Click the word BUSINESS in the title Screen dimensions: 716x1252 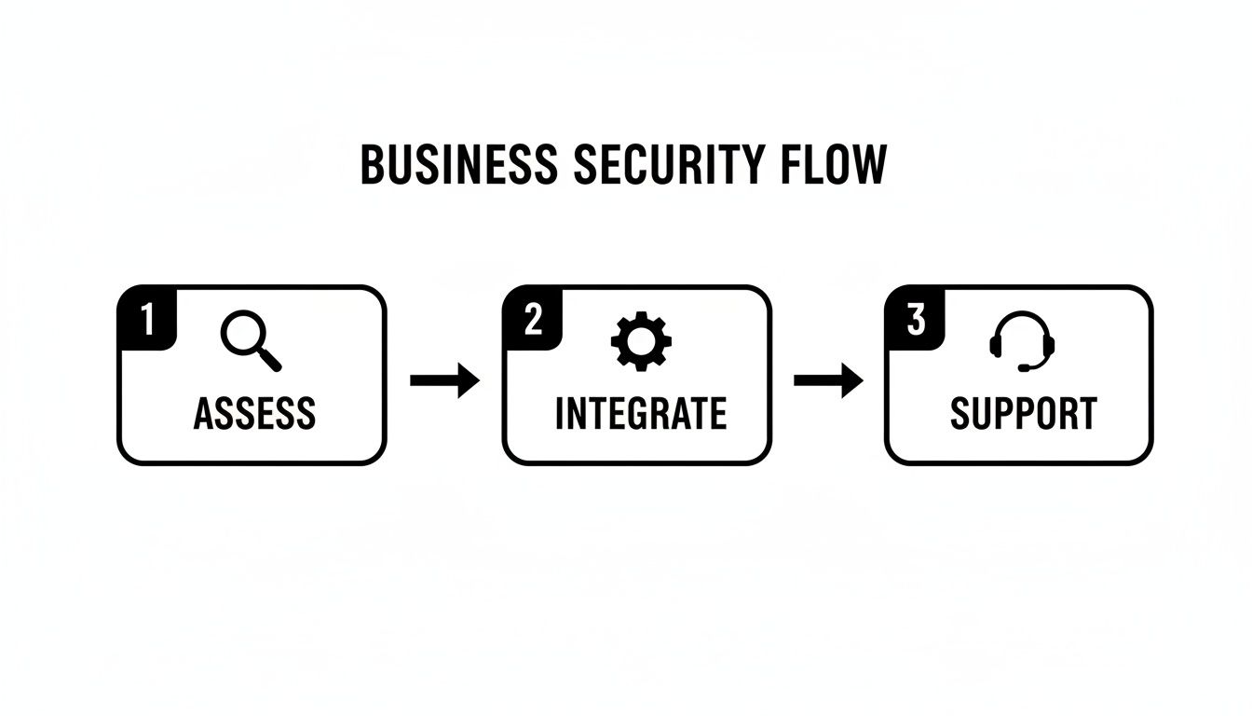458,166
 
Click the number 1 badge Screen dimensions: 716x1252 146,319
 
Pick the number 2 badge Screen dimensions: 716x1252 532,319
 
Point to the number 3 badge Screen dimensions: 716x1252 915,319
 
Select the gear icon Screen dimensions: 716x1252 640,341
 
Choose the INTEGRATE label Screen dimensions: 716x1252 640,414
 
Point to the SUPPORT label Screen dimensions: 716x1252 1023,414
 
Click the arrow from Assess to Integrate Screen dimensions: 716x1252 444,380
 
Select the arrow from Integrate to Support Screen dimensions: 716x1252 828,380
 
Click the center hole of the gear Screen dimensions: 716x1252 640,341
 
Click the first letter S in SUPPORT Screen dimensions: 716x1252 961,414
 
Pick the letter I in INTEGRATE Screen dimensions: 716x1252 560,414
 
